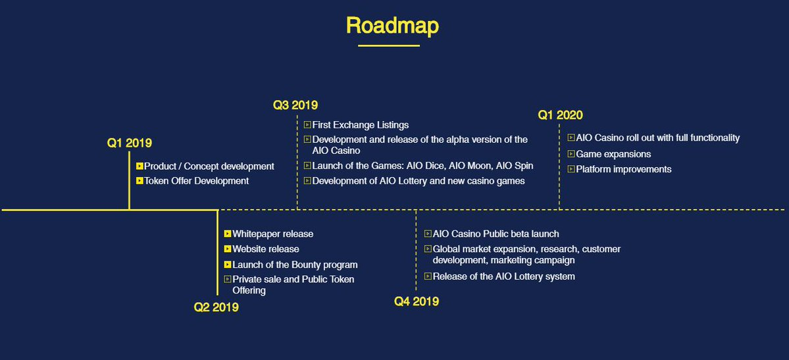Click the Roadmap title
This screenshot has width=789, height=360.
coord(392,26)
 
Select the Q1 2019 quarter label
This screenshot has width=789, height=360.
coord(130,143)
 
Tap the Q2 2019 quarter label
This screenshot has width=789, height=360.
coord(216,307)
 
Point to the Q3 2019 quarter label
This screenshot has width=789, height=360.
coord(295,105)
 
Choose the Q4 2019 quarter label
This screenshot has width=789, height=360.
coord(416,301)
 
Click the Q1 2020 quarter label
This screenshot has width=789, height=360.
coord(560,115)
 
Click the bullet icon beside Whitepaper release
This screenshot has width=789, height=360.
coord(228,234)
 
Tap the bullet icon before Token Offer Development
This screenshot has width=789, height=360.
coord(140,181)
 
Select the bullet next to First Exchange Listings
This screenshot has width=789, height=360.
coord(307,125)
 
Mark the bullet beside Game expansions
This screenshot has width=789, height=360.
coord(571,154)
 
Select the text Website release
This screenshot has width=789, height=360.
coord(266,249)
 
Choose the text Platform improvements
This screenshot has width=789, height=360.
coord(623,169)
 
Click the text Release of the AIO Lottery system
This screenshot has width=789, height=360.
coord(503,276)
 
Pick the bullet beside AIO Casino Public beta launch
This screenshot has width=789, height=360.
coord(428,234)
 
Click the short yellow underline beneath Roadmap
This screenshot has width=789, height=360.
coord(389,45)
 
